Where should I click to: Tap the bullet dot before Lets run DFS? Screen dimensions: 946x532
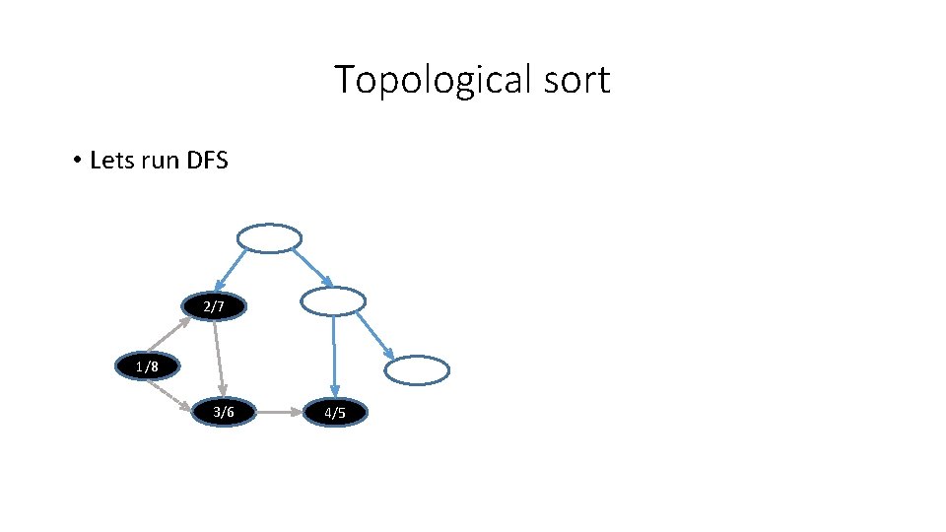click(x=76, y=160)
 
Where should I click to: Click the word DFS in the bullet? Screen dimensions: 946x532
click(x=206, y=160)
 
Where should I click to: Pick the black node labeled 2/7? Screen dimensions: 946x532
click(x=214, y=307)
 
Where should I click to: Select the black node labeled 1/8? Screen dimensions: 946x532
click(x=147, y=367)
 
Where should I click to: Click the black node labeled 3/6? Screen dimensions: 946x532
click(x=224, y=412)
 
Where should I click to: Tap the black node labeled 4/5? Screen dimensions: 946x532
click(x=335, y=413)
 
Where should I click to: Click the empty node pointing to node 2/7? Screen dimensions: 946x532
click(x=269, y=238)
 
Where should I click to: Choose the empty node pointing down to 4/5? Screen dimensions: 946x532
click(x=332, y=301)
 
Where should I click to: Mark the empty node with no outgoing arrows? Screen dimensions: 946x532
click(x=416, y=370)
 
